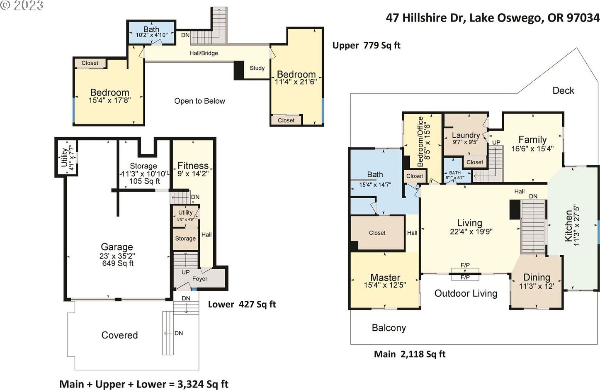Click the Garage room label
[x=117, y=246]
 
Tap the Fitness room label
[x=193, y=166]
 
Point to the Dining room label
[x=537, y=277]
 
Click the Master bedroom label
[x=385, y=277]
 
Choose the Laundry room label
[x=466, y=135]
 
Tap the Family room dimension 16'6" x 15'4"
[x=532, y=149]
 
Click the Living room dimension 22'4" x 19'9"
[x=471, y=232]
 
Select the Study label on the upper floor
[x=257, y=68]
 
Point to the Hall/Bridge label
[x=204, y=53]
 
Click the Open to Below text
[x=199, y=101]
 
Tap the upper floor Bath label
[x=151, y=29]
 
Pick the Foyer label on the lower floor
[x=199, y=279]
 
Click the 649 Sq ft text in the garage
[x=118, y=263]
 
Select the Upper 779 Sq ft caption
[x=367, y=46]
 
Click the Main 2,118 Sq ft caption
[x=410, y=354]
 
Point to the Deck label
[x=564, y=90]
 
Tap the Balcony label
[x=389, y=328]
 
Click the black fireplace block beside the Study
[x=239, y=70]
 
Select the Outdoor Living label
[x=466, y=293]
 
